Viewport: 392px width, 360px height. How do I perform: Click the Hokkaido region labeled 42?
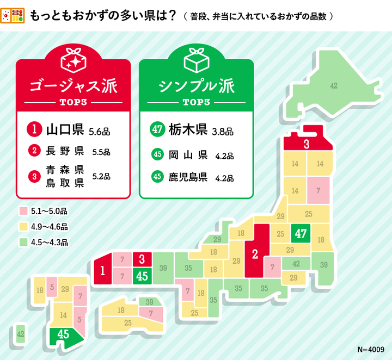click(x=333, y=86)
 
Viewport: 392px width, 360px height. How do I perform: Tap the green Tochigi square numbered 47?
click(x=301, y=233)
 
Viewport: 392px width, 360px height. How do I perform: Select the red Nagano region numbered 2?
click(x=254, y=253)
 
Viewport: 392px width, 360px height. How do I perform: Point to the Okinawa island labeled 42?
click(x=21, y=333)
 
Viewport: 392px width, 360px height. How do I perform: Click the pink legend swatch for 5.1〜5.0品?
click(x=23, y=210)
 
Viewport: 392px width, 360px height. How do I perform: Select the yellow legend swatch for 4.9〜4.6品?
click(x=23, y=226)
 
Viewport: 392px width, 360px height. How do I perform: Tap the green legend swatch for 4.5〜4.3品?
click(x=23, y=242)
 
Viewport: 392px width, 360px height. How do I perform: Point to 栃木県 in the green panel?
click(x=187, y=130)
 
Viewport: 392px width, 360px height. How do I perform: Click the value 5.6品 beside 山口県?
click(x=99, y=131)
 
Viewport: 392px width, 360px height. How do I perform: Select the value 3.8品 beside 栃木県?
click(x=222, y=131)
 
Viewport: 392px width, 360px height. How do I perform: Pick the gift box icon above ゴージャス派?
click(x=72, y=60)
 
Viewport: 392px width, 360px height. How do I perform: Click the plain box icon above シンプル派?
click(x=196, y=60)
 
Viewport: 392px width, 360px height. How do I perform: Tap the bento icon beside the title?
click(x=13, y=15)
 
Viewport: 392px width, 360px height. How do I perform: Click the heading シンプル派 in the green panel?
click(x=196, y=86)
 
